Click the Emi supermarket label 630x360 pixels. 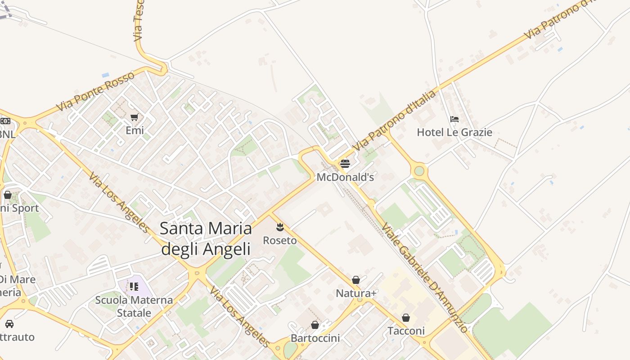click(x=135, y=130)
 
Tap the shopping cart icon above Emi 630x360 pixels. click(x=134, y=117)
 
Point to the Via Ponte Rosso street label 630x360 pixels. click(x=95, y=91)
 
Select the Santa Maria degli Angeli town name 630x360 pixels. click(x=206, y=238)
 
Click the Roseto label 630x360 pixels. click(x=280, y=240)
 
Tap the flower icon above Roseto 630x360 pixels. click(x=280, y=226)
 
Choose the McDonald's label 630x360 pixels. click(x=345, y=177)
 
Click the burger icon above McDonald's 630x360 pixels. click(x=345, y=163)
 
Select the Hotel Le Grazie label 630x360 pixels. click(x=454, y=132)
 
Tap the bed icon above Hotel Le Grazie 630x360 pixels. click(x=454, y=119)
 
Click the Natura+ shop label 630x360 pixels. click(x=356, y=293)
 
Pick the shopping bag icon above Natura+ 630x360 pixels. click(x=356, y=280)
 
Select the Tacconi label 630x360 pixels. click(x=406, y=331)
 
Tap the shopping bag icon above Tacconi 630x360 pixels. click(x=406, y=318)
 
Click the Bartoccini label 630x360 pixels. click(x=315, y=338)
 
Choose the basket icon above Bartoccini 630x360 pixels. click(x=315, y=324)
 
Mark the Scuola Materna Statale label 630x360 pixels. click(x=134, y=306)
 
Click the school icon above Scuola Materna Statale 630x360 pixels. click(x=134, y=286)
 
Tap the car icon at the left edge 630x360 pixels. click(x=9, y=324)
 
